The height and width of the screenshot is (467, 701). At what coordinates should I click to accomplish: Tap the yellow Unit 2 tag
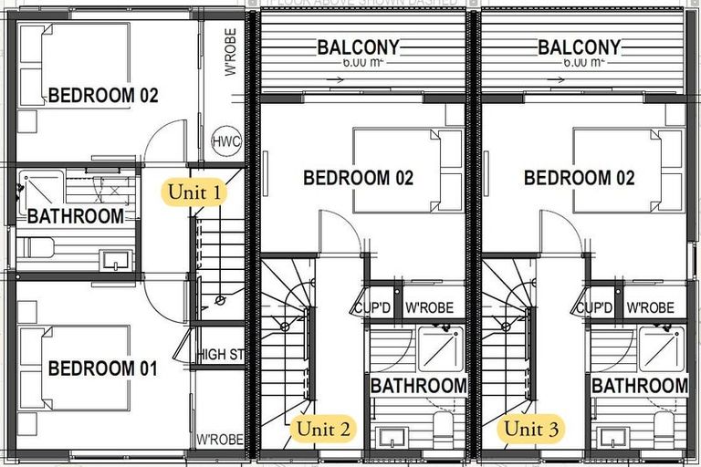pyautogui.click(x=319, y=427)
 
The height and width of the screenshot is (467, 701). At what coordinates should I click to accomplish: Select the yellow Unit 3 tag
pyautogui.click(x=533, y=427)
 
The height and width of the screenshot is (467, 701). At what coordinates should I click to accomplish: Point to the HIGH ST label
pyautogui.click(x=220, y=354)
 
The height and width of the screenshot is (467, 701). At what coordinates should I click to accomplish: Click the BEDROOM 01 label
pyautogui.click(x=102, y=368)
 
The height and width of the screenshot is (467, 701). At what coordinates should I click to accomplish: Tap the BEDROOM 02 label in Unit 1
pyautogui.click(x=103, y=95)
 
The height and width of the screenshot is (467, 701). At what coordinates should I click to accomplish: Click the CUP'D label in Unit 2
pyautogui.click(x=373, y=308)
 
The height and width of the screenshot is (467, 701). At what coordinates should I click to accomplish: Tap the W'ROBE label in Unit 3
pyautogui.click(x=651, y=308)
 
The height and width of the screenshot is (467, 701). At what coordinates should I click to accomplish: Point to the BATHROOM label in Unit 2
pyautogui.click(x=419, y=386)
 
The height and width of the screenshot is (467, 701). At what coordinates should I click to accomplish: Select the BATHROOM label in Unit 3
pyautogui.click(x=639, y=386)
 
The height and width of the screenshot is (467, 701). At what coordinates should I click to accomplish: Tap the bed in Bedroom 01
pyautogui.click(x=73, y=368)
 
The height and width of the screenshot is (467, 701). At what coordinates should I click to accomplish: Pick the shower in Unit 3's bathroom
pyautogui.click(x=660, y=348)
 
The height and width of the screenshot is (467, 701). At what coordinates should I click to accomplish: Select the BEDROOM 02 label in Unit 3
pyautogui.click(x=579, y=178)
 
